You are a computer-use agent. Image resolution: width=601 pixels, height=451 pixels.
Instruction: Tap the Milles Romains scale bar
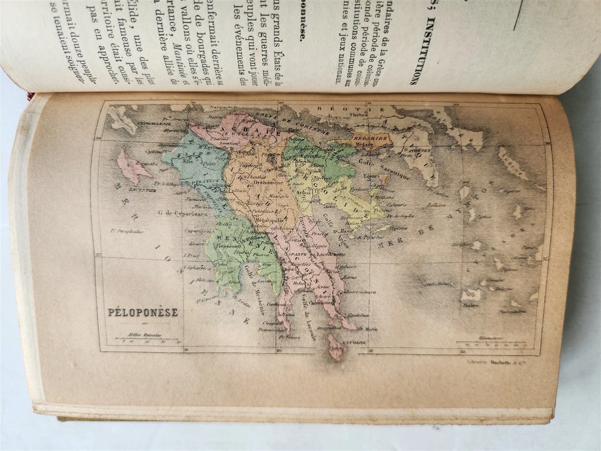[144, 341]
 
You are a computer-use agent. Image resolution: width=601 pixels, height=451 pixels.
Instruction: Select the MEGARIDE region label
[370, 138]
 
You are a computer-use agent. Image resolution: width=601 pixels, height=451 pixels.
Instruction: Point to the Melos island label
[469, 306]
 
